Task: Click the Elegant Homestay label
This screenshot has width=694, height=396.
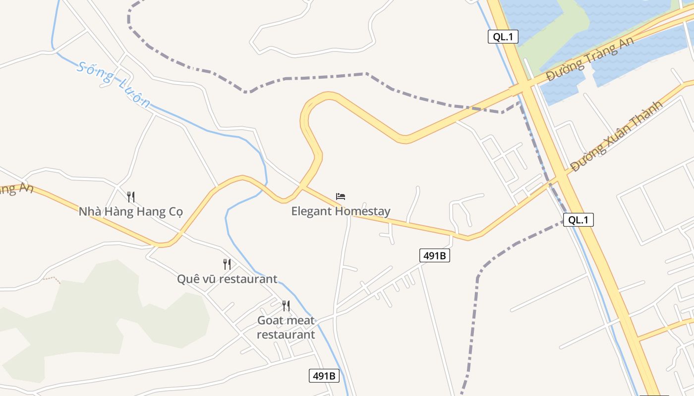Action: [341, 211]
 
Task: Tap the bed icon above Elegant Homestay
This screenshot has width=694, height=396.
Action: [341, 197]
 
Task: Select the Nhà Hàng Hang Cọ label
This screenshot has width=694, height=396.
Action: [131, 212]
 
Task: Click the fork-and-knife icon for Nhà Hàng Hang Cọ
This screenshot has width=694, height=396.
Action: [131, 197]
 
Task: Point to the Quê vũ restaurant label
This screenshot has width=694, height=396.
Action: [227, 279]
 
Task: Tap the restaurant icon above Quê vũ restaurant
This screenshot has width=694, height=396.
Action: [227, 264]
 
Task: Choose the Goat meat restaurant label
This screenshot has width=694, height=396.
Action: [286, 327]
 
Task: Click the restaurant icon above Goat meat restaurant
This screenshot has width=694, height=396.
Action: [286, 306]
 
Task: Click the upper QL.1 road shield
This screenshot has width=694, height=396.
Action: [503, 37]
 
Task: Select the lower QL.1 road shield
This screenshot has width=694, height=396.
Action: [578, 220]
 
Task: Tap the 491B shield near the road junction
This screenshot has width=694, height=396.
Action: [435, 255]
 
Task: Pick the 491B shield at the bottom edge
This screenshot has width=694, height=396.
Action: [324, 376]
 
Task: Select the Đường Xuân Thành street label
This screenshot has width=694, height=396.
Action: [616, 136]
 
